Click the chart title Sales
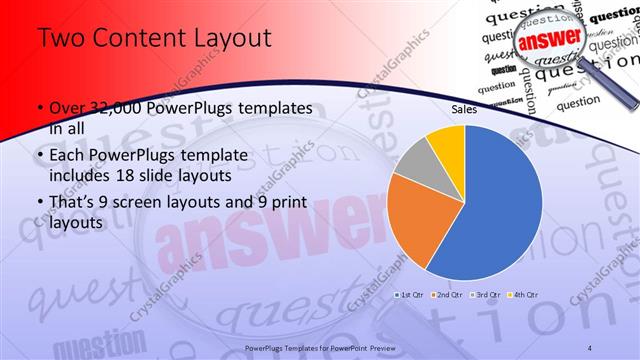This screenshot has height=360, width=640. coord(463,110)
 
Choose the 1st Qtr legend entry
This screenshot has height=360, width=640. coord(410,295)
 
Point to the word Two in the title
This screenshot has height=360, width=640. coord(56,38)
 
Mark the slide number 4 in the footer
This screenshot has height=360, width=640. coord(591,346)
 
